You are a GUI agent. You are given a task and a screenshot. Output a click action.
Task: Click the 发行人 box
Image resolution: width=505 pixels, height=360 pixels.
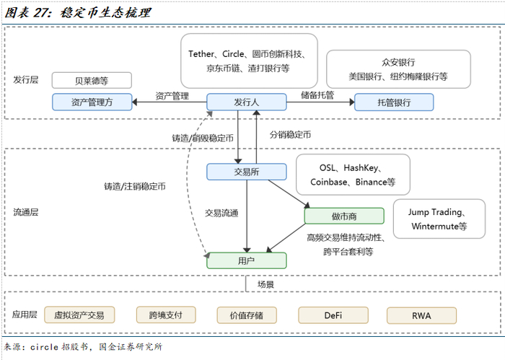[x=247, y=102]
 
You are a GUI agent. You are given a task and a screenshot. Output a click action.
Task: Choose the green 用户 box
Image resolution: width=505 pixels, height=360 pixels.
[x=246, y=260]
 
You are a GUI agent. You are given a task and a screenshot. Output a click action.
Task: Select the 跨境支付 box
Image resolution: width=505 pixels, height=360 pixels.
[x=166, y=315]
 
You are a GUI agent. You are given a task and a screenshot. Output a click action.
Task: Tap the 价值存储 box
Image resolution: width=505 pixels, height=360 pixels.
[x=247, y=315]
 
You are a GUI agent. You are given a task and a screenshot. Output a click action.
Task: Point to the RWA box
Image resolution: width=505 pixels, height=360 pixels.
[x=421, y=315]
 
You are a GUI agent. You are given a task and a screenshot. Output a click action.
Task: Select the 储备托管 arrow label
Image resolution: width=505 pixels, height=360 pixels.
[x=317, y=95]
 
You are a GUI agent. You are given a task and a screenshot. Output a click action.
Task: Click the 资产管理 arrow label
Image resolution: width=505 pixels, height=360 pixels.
[x=172, y=95]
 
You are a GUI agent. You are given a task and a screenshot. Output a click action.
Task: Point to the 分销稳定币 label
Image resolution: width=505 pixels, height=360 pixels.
[x=290, y=134]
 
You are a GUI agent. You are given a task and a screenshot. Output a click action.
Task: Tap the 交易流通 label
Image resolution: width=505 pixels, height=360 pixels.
[x=221, y=213]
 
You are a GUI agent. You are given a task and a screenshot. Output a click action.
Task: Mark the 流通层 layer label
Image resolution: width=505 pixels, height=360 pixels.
[x=26, y=213]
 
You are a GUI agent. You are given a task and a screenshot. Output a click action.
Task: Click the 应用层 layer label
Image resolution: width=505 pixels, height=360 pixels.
[x=26, y=315]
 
